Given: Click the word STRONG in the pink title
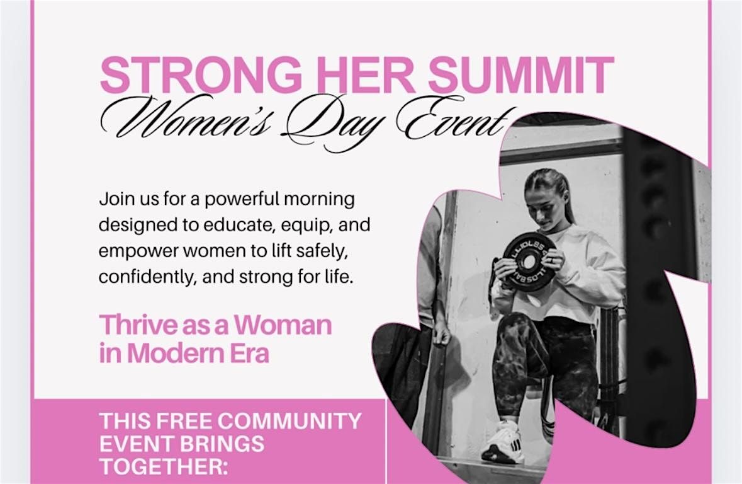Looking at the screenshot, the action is pos(201,74).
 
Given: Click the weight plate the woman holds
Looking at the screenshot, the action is pos(526,258).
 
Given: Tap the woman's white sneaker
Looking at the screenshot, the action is pos(502,441).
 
